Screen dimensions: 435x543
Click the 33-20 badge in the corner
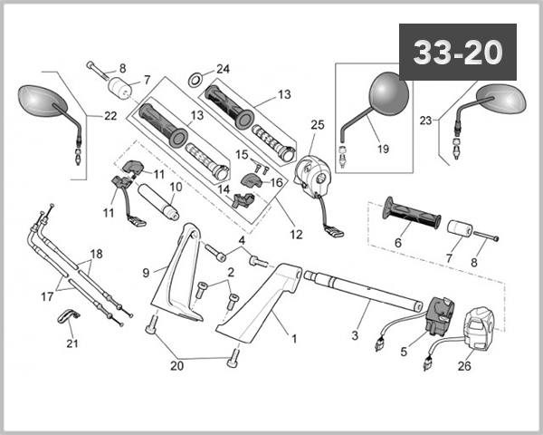[x=457, y=53]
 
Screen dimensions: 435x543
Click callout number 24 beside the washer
[x=223, y=70]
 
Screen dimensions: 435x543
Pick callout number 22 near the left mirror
[x=110, y=116]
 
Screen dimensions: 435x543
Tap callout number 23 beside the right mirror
[x=424, y=119]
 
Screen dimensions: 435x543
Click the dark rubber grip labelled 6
[x=412, y=214]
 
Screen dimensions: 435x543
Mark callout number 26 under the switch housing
[x=464, y=367]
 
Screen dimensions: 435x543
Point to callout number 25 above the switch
[x=317, y=124]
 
